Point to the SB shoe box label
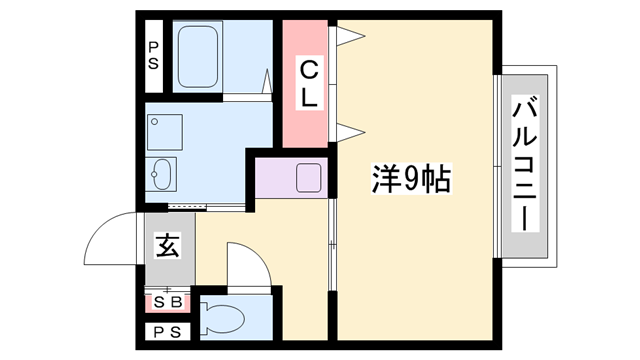point(167,301)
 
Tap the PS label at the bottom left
point(166,332)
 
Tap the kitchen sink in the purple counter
point(308,178)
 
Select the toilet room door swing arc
point(248,262)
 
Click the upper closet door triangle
point(347,37)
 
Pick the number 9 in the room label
point(412,180)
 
